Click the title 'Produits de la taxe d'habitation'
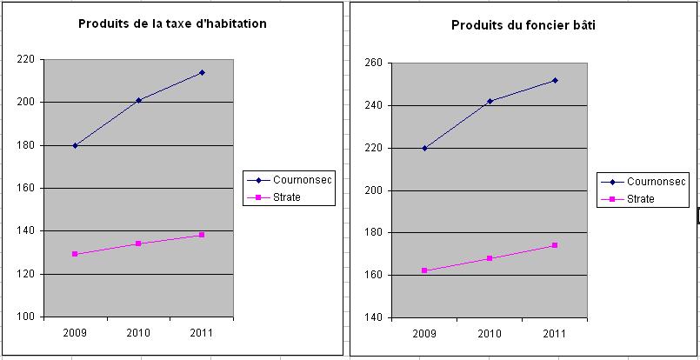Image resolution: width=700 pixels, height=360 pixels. point(172,23)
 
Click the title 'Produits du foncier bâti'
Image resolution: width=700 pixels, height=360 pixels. point(523,25)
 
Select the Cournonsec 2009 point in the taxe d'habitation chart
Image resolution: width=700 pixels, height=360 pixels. point(75,145)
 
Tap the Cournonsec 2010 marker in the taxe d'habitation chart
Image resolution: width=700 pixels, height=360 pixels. point(138,101)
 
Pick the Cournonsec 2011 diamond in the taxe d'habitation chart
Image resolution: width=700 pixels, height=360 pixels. point(202,72)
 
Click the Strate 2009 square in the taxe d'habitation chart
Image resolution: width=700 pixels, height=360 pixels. point(75,254)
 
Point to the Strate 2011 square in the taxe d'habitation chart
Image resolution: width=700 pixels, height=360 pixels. point(202,235)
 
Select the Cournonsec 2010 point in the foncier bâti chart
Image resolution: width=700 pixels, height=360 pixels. point(490,102)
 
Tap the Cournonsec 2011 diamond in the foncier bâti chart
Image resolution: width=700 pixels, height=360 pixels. point(555,80)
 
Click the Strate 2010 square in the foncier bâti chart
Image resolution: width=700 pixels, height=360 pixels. point(490,258)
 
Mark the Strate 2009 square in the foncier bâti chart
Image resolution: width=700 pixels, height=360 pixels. point(424,270)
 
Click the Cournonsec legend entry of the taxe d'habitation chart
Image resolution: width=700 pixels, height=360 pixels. point(289,180)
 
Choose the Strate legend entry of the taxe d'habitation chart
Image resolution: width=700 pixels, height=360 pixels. point(274,197)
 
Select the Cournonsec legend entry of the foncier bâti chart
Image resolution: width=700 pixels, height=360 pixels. point(643,182)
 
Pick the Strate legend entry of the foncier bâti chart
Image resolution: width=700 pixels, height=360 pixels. point(628,199)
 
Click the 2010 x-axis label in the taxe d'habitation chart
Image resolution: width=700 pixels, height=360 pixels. point(138,333)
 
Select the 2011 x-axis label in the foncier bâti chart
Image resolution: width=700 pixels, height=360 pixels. point(554,334)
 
